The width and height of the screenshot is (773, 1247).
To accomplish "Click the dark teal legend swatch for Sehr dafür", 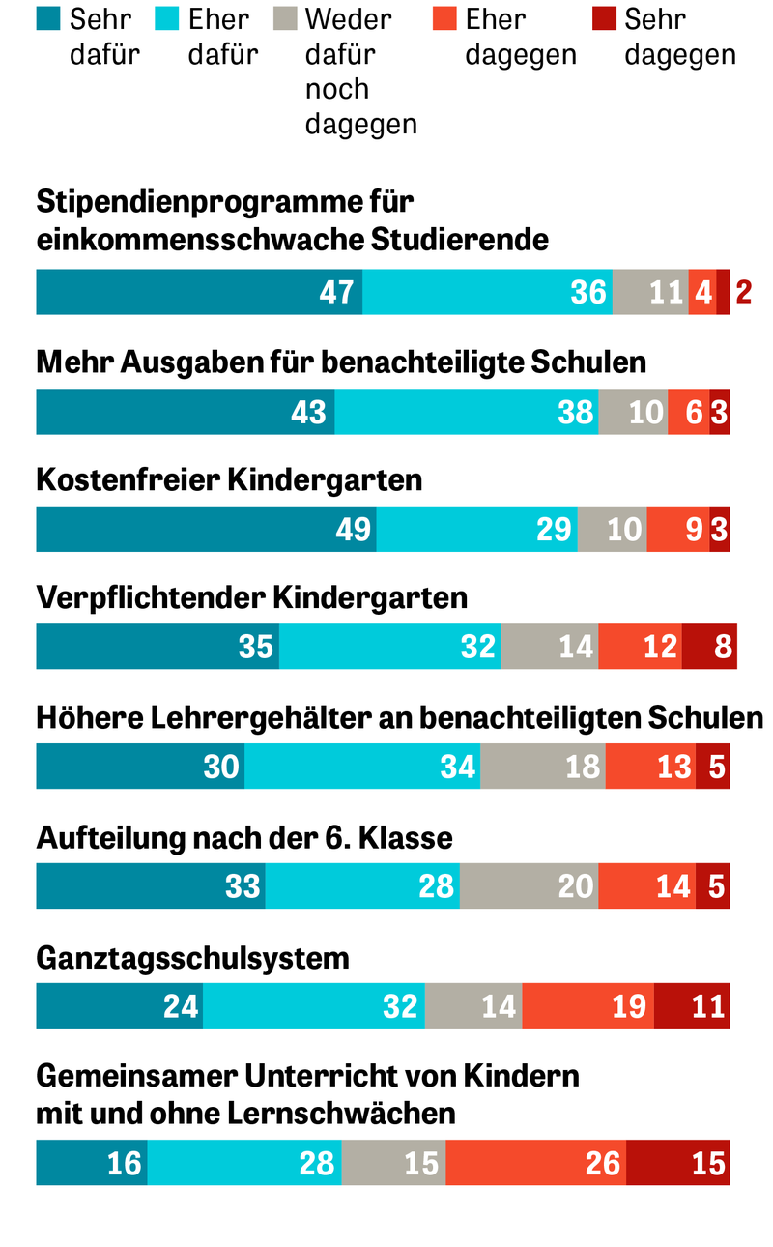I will tap(49, 18).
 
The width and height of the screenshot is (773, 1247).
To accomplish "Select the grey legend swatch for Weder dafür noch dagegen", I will tap(284, 18).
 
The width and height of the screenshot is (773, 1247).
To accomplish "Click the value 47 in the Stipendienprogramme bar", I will tap(336, 292).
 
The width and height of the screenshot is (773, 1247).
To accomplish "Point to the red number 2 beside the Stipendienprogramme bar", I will tap(743, 292).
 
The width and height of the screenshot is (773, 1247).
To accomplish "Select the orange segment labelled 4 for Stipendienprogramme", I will tap(702, 292).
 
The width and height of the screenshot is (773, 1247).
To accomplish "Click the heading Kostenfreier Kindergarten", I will tap(229, 479).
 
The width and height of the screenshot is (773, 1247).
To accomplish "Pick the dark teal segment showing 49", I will tap(206, 529).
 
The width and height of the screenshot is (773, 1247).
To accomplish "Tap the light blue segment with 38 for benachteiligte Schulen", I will tap(467, 412).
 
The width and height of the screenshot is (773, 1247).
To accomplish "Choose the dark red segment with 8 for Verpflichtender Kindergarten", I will tap(709, 646).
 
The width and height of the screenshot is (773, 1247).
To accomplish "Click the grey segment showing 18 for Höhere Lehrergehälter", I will tap(543, 767).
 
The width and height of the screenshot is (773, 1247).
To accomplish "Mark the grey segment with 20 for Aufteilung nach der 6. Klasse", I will tap(529, 885).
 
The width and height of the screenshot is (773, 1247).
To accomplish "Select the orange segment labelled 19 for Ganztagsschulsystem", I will tap(588, 1005).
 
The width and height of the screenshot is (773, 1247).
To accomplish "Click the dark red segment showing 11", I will tap(692, 1005).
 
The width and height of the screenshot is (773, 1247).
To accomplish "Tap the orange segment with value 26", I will tap(536, 1162).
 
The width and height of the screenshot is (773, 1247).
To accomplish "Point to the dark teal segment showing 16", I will tap(92, 1162).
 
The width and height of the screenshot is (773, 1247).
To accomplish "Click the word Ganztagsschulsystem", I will tap(192, 958).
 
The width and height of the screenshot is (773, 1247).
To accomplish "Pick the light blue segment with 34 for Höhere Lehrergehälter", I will tap(362, 767).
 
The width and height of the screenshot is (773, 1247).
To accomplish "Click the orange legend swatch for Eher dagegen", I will tap(444, 18).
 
